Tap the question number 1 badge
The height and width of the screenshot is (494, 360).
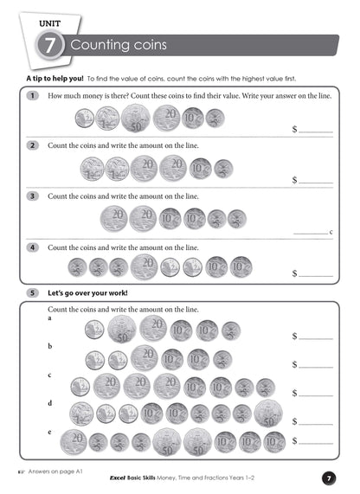32,96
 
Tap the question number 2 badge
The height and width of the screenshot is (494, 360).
32,146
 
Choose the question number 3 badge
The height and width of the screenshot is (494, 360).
32,196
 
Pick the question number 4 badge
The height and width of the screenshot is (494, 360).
32,247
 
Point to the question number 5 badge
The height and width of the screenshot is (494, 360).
32,293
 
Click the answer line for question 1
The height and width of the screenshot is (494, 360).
316,132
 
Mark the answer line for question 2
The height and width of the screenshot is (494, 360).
316,182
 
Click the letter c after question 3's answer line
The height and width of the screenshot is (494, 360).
331,232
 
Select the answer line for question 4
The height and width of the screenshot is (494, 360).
316,275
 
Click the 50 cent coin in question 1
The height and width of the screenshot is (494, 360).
135,118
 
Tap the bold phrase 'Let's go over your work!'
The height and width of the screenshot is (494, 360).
87,293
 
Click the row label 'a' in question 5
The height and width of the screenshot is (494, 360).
50,318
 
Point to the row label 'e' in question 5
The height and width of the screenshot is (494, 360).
50,430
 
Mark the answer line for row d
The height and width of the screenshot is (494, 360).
316,423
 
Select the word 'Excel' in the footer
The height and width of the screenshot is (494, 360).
119,478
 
